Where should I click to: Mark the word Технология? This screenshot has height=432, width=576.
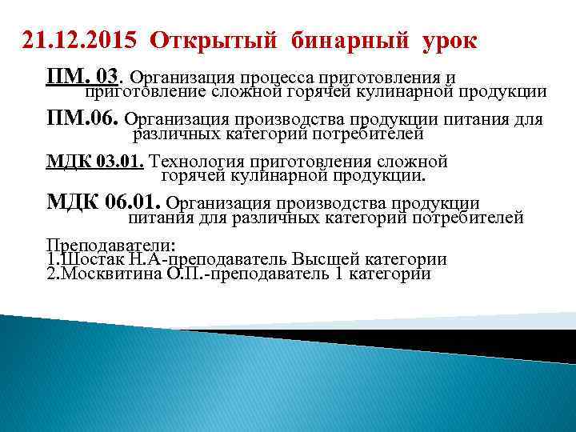click(196, 162)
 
